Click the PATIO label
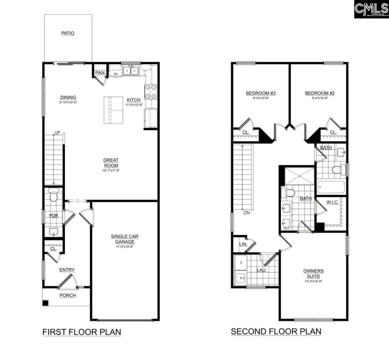(x=68, y=33)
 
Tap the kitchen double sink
(x=130, y=70)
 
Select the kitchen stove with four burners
(x=151, y=91)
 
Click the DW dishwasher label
(x=116, y=74)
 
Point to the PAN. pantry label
(x=100, y=73)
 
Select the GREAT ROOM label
(x=111, y=163)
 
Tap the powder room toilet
(x=54, y=196)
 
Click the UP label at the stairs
(x=57, y=133)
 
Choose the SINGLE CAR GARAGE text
(x=124, y=239)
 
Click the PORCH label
(x=68, y=295)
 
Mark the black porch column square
(x=45, y=303)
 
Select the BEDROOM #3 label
(x=261, y=93)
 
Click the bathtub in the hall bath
(x=331, y=187)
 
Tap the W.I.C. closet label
(x=333, y=202)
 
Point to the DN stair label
(x=246, y=213)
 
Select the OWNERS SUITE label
(x=313, y=273)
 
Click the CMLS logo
(x=371, y=9)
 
